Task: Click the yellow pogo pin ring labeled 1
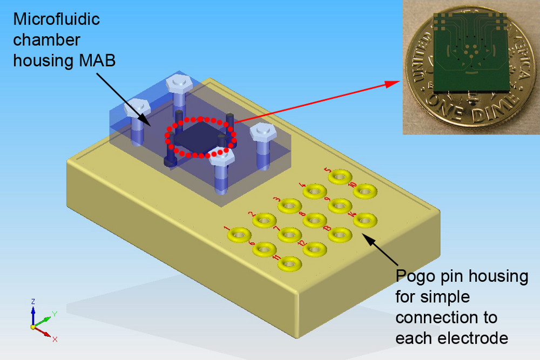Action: (240, 235)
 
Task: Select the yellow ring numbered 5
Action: (340, 176)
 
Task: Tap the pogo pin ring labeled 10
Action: (365, 190)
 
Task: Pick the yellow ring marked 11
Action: (289, 263)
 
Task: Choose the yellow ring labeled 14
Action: (365, 220)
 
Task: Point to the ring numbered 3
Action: (289, 206)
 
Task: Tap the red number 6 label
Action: (252, 242)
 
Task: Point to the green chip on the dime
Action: (471, 54)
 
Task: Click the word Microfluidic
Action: (57, 20)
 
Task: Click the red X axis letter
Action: (55, 339)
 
